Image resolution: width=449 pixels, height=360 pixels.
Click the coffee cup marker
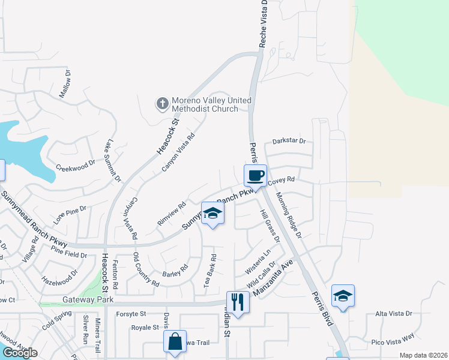(x=256, y=176)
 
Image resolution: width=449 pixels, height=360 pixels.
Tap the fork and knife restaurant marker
(x=238, y=301)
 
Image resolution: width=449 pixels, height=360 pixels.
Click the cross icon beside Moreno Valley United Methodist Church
(x=161, y=104)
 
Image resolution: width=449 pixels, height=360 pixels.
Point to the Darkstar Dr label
(x=289, y=142)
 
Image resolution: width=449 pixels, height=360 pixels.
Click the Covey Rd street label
(x=281, y=180)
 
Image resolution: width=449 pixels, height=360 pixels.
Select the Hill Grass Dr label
(x=270, y=226)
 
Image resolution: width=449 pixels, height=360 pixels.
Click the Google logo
(x=20, y=353)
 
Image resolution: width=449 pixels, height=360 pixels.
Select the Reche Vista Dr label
(x=262, y=24)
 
